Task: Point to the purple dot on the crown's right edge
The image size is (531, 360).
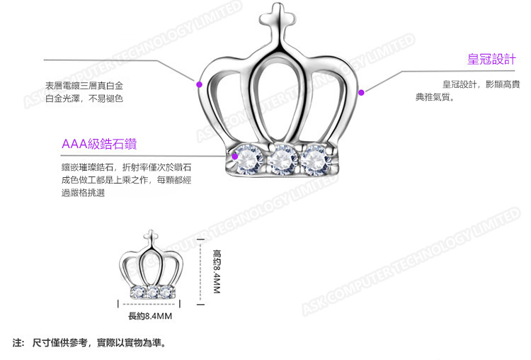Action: coord(361,91)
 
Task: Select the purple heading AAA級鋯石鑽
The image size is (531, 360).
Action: coord(98,145)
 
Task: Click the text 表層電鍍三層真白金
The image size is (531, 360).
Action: coord(84,85)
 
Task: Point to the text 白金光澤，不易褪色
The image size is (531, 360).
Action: coord(84,99)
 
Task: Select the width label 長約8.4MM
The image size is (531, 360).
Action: coord(150,315)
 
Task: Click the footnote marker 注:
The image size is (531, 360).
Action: coord(19,343)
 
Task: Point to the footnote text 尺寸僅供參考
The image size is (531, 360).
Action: coord(61,343)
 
